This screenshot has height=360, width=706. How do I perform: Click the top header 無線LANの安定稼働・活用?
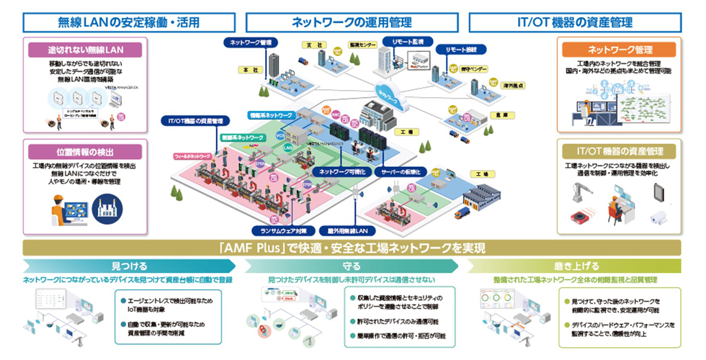[x=120, y=22]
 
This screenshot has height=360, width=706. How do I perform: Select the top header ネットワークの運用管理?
[x=352, y=22]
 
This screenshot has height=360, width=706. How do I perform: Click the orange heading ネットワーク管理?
[x=620, y=50]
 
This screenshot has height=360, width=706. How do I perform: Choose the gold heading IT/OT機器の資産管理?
[x=620, y=150]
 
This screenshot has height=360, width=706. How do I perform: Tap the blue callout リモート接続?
[x=462, y=52]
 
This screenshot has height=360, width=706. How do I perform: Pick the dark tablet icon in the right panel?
[x=658, y=191]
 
